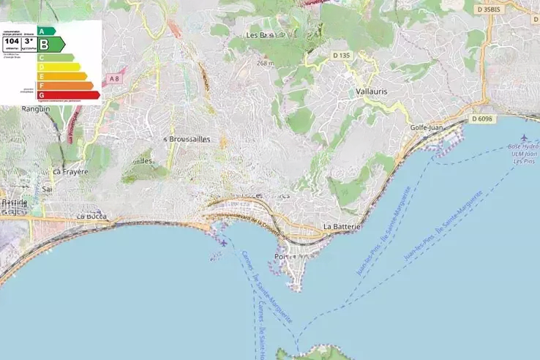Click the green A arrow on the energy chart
[x=46, y=31]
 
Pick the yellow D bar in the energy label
[x=59, y=67]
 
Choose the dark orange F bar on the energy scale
[x=65, y=86]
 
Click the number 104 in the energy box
[x=11, y=42]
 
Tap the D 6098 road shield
[x=482, y=118]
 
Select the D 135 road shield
[x=342, y=55]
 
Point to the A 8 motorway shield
[x=113, y=78]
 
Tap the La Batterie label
[x=342, y=227]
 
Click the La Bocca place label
[x=92, y=217]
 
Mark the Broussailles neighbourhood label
[x=188, y=139]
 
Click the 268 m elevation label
[x=265, y=63]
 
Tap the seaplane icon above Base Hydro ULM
[x=524, y=138]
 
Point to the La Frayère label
[x=67, y=172]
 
